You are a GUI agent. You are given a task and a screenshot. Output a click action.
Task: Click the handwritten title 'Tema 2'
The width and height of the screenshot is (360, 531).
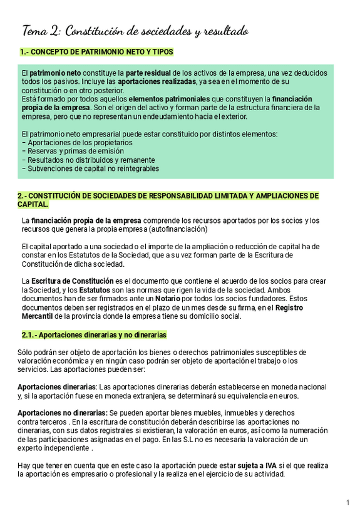(x=41, y=31)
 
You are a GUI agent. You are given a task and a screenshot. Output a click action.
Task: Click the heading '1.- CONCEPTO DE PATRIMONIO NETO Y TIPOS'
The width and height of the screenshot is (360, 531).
(x=96, y=52)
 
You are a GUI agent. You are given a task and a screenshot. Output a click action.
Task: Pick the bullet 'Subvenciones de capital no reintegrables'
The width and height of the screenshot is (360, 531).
(x=90, y=168)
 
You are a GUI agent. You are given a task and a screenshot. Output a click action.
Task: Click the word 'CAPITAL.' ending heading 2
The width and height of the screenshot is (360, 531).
(x=33, y=204)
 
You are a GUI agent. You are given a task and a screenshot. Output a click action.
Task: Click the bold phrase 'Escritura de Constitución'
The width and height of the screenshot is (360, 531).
(x=73, y=281)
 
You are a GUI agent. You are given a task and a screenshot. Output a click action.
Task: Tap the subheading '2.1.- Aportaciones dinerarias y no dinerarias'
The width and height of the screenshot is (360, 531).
(x=94, y=335)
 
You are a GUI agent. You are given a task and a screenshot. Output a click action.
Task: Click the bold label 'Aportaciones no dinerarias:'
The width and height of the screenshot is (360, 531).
(x=62, y=413)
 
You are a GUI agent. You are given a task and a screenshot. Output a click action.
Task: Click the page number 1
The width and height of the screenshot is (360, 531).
(x=347, y=503)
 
